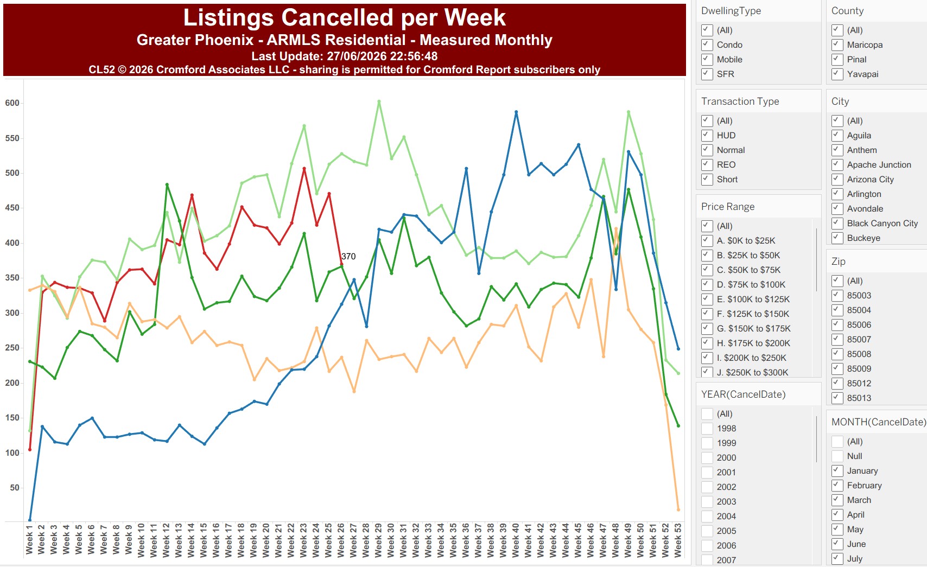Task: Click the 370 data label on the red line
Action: (x=348, y=256)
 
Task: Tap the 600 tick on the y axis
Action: (x=12, y=103)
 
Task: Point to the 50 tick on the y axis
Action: (x=15, y=488)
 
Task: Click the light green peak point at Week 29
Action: (x=379, y=101)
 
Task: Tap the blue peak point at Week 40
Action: (x=516, y=112)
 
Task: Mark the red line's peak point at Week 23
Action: (x=304, y=169)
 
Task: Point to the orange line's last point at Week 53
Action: (x=678, y=509)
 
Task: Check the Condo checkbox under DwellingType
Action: (x=707, y=44)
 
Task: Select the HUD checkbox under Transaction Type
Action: (x=707, y=135)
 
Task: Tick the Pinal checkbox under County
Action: (x=837, y=59)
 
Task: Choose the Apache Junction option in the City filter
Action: (x=879, y=165)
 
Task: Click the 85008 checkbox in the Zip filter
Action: (x=837, y=354)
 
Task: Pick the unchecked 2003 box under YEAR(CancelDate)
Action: (x=707, y=501)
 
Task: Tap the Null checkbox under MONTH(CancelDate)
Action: (x=837, y=456)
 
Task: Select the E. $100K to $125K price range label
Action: (x=753, y=299)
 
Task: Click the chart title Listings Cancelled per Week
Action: (x=344, y=17)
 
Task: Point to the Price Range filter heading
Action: (x=727, y=207)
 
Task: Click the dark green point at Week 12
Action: (x=167, y=184)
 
